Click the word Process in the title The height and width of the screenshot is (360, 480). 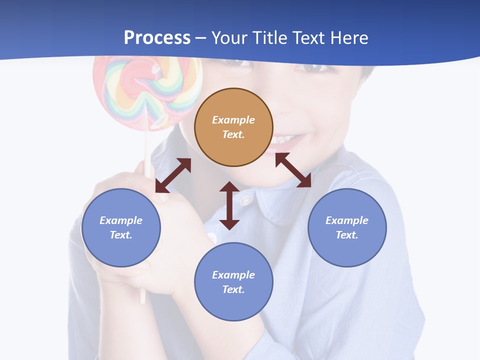[x=157, y=37]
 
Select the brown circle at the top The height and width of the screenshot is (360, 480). [x=233, y=127]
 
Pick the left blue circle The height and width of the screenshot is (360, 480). [x=121, y=227]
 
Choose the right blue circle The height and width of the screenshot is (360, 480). [x=347, y=227]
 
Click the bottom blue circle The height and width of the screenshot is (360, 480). [x=233, y=282]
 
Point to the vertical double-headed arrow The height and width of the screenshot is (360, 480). [x=229, y=205]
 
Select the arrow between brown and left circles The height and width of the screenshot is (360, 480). [x=173, y=175]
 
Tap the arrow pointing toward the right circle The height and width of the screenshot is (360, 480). [x=293, y=170]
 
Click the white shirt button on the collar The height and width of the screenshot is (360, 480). [x=245, y=200]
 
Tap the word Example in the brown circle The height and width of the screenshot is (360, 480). [x=233, y=120]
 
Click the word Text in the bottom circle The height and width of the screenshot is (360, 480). [x=233, y=289]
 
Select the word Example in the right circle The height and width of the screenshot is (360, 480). [x=347, y=220]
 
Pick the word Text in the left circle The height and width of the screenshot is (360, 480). [x=121, y=235]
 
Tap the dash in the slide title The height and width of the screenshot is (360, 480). [x=201, y=37]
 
